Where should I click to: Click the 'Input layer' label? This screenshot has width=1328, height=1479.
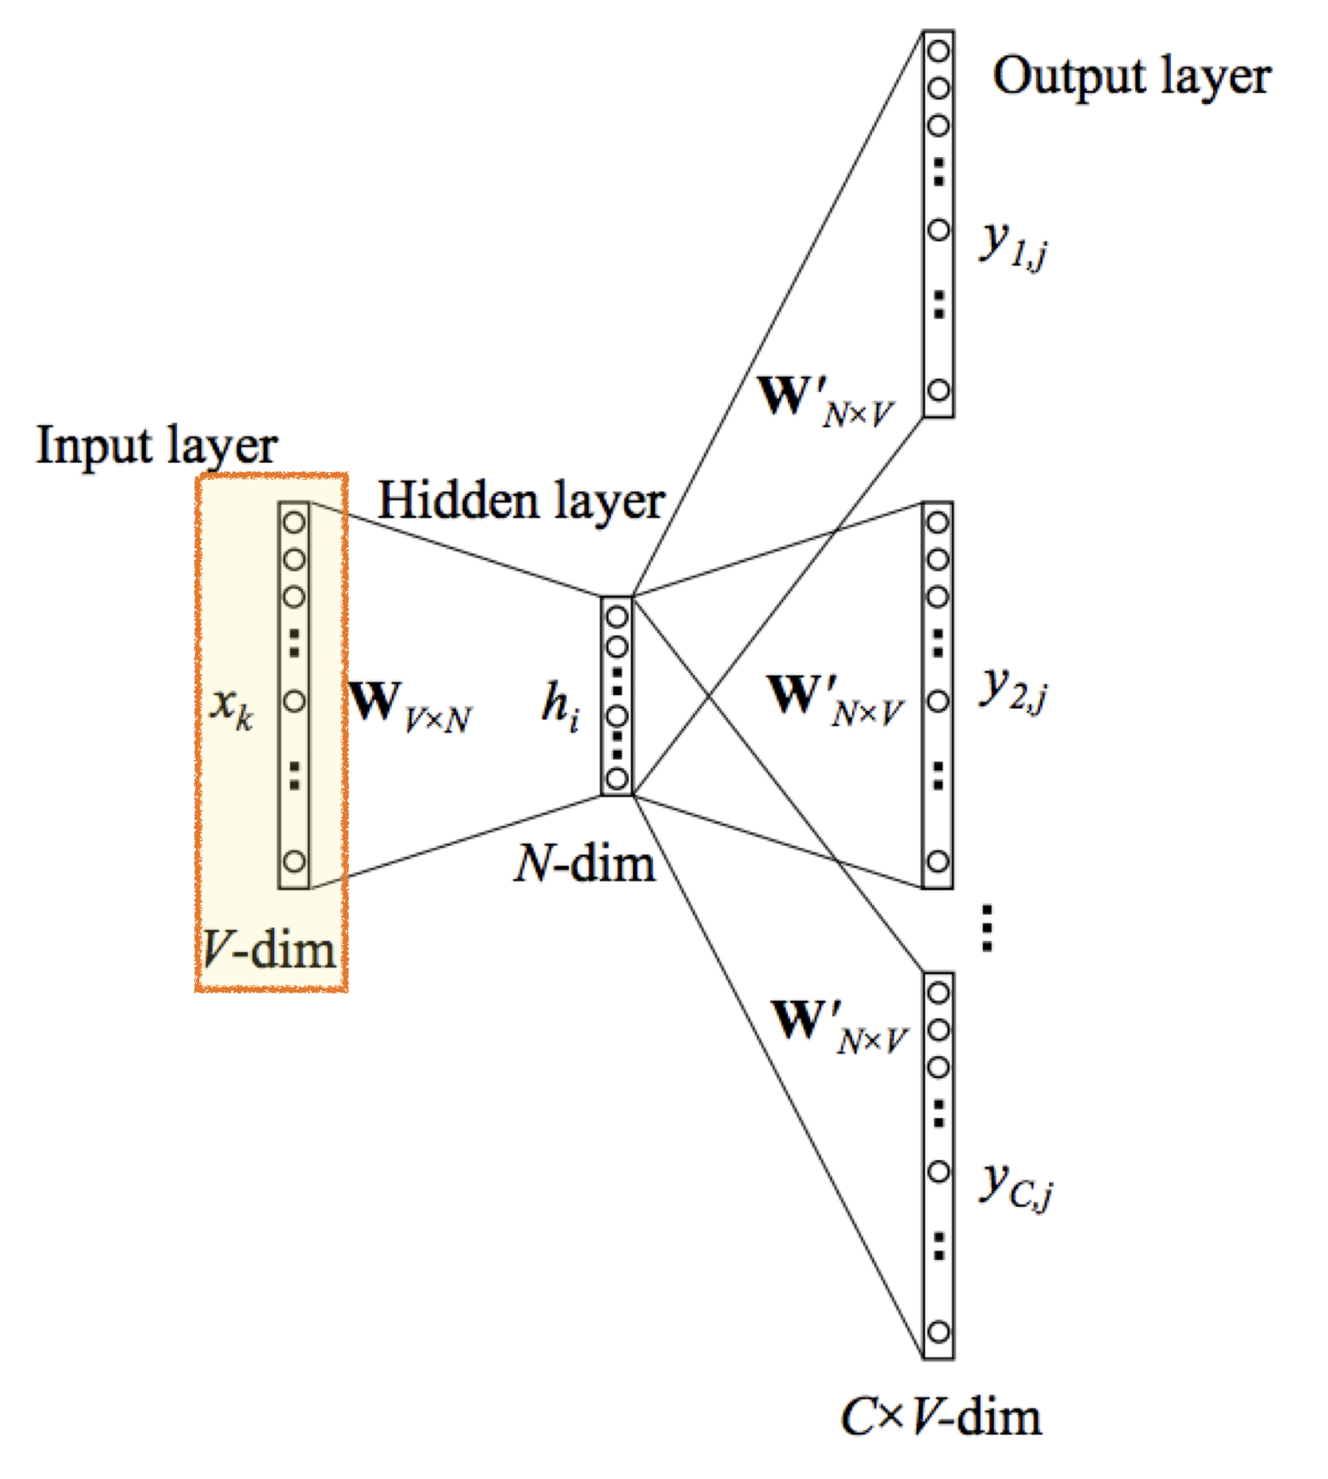tap(156, 447)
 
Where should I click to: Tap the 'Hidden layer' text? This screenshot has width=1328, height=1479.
tap(520, 502)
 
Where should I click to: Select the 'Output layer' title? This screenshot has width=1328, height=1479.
tap(1131, 77)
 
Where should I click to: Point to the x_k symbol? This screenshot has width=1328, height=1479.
tap(231, 705)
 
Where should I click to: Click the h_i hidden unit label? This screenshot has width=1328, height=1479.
tap(560, 705)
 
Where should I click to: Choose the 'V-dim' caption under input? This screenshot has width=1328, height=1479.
tap(269, 949)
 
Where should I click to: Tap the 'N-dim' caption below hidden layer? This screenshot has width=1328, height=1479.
tap(585, 863)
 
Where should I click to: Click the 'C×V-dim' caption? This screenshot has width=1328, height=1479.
tap(941, 1417)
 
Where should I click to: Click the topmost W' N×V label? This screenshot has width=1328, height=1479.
tap(825, 401)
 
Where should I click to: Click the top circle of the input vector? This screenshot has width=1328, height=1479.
tap(294, 523)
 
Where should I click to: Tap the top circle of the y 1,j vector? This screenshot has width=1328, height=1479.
tap(938, 52)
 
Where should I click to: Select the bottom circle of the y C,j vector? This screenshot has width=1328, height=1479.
tap(938, 1331)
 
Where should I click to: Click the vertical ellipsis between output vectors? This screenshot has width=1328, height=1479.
tap(987, 928)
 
